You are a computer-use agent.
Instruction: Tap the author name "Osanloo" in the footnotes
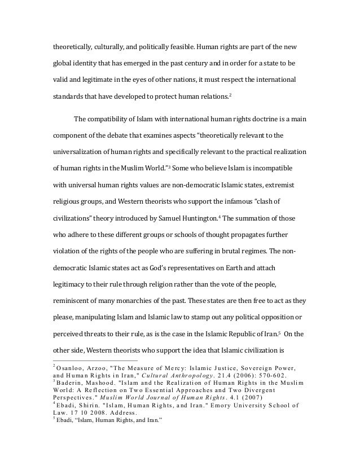(x=69, y=369)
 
